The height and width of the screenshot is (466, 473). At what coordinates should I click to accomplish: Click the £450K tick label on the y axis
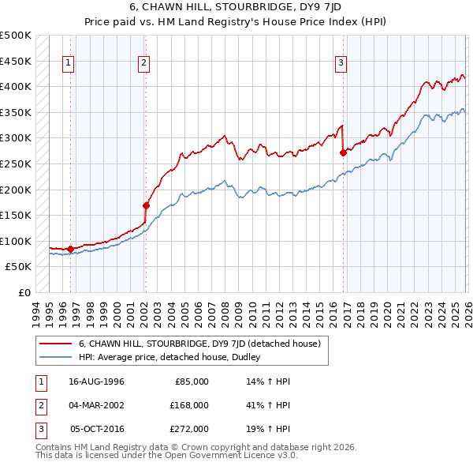pyautogui.click(x=16, y=61)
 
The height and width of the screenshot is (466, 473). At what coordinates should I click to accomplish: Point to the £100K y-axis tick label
pyautogui.click(x=16, y=241)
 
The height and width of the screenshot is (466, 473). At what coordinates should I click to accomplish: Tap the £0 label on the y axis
pyautogui.click(x=24, y=292)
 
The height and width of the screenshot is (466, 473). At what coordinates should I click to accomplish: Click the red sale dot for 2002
pyautogui.click(x=146, y=205)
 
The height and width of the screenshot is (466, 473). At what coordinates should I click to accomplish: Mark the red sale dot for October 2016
pyautogui.click(x=343, y=152)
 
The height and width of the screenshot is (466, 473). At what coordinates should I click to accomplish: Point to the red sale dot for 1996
pyautogui.click(x=71, y=249)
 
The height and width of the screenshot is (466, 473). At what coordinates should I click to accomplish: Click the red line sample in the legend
pyautogui.click(x=56, y=344)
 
